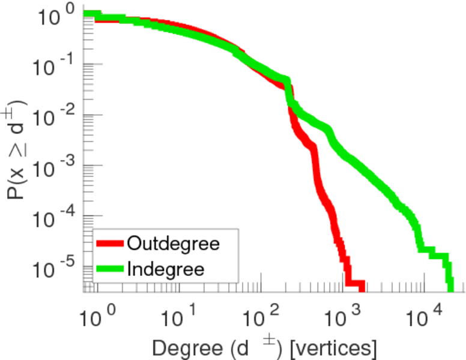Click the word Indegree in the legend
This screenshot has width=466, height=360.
tap(166, 269)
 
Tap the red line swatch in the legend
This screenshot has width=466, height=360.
tap(110, 244)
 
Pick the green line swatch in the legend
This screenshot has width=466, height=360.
tap(110, 269)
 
